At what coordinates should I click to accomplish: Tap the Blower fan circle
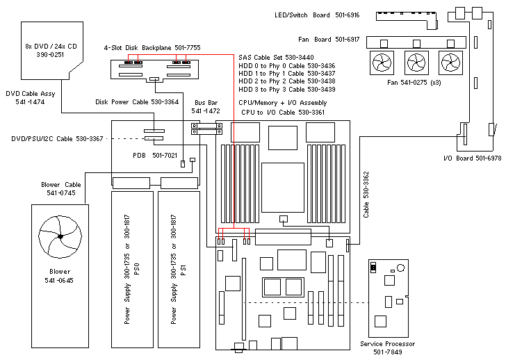(x=61, y=238)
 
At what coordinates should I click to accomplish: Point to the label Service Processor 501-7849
(x=388, y=347)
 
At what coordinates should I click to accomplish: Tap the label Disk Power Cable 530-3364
(x=137, y=102)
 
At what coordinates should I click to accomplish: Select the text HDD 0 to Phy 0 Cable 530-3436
(x=286, y=65)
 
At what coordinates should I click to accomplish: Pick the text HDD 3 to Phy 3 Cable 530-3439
(x=286, y=90)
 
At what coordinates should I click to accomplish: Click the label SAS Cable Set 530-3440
(x=276, y=57)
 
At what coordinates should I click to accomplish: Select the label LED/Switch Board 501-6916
(x=318, y=15)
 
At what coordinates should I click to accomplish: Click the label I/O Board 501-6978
(x=472, y=158)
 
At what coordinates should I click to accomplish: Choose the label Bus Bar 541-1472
(x=206, y=106)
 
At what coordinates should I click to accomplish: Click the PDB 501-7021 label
(x=146, y=156)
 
